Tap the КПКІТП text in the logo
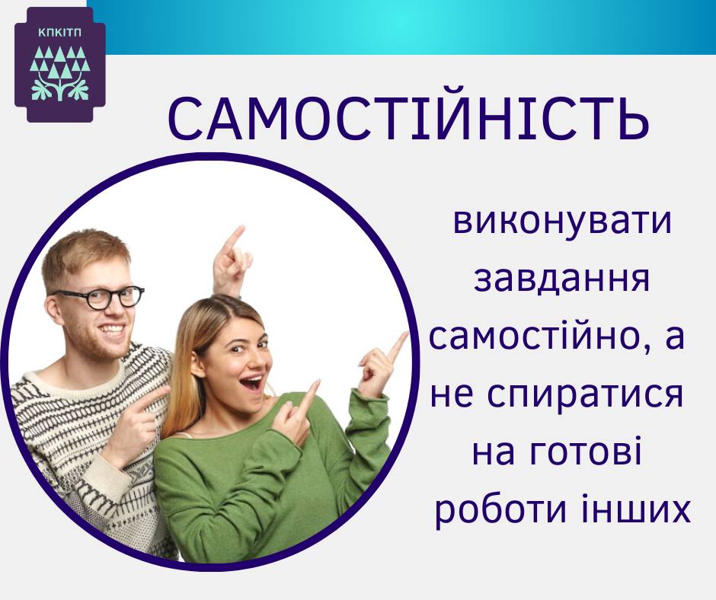[60, 34]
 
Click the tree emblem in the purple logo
[60, 72]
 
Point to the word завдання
[561, 279]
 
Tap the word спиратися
[580, 394]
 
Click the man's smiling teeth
[112, 329]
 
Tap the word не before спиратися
[451, 395]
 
